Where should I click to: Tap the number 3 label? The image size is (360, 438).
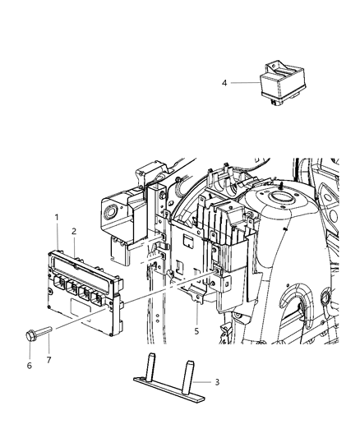click(x=217, y=381)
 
